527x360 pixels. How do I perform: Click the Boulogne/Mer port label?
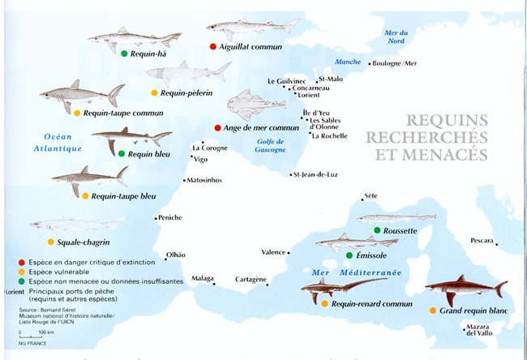click(x=395, y=63)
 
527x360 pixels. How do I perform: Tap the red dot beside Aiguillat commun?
click(x=213, y=47)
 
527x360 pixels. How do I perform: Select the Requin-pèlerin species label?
click(x=186, y=93)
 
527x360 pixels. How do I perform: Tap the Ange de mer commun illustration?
click(x=255, y=105)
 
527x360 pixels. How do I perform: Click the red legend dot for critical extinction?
click(x=19, y=262)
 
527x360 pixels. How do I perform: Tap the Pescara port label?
click(x=483, y=240)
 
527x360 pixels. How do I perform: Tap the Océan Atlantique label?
click(x=58, y=143)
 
